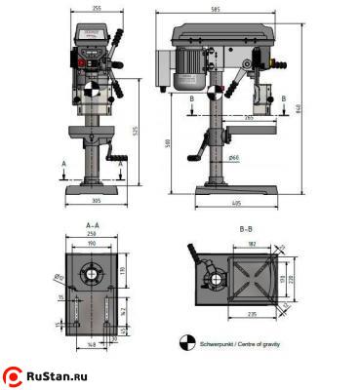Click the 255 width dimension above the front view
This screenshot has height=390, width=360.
click(x=94, y=9)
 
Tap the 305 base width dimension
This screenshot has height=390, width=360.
click(x=94, y=201)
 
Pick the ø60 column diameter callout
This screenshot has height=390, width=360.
click(x=233, y=156)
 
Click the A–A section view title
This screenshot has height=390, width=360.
click(x=96, y=226)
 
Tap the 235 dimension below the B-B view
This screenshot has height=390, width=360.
click(x=254, y=314)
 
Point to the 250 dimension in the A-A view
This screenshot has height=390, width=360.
click(x=94, y=235)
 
